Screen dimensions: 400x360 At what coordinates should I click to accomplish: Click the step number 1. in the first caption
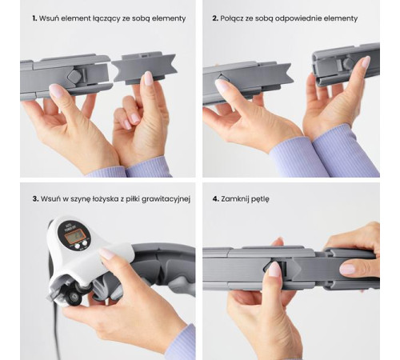(x=34, y=18)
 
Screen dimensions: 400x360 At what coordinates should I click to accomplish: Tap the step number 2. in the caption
(x=215, y=18)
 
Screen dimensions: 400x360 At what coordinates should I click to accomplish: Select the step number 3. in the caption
(x=35, y=199)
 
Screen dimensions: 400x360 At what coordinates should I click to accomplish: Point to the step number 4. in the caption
(x=216, y=199)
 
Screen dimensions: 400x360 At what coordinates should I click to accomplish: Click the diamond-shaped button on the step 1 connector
(x=74, y=75)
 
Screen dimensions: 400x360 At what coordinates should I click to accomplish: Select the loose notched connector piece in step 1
(x=144, y=67)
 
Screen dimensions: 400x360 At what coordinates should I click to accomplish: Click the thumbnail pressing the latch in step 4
(x=274, y=269)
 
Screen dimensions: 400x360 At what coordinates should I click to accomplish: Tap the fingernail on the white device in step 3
(x=107, y=253)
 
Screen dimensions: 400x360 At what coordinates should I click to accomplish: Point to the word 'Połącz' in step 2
(x=232, y=18)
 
